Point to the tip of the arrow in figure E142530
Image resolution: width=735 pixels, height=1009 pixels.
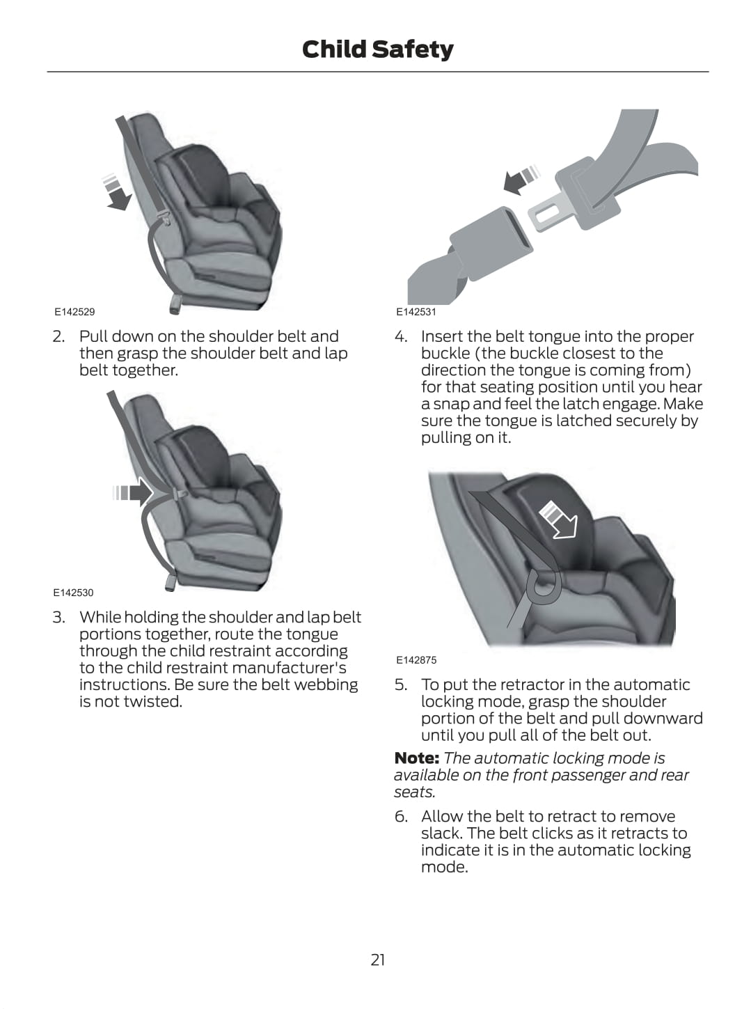pos(154,493)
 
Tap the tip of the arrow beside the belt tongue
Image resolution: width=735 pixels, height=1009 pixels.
pos(503,183)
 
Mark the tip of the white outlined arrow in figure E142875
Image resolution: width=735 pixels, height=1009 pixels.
pos(574,536)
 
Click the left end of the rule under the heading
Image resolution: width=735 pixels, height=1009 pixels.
pos(47,72)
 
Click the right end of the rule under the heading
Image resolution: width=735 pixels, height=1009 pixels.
pos(709,72)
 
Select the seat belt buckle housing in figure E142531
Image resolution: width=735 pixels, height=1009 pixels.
pos(491,243)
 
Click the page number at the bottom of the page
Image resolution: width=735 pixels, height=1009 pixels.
pos(378,960)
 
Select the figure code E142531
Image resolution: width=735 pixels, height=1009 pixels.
pos(416,312)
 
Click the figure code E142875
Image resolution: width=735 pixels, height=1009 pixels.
pos(416,660)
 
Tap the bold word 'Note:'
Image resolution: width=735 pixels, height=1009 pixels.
pos(417,758)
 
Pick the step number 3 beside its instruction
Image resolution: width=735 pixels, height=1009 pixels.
pos(58,617)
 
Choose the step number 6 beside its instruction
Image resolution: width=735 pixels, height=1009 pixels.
pos(401,816)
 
